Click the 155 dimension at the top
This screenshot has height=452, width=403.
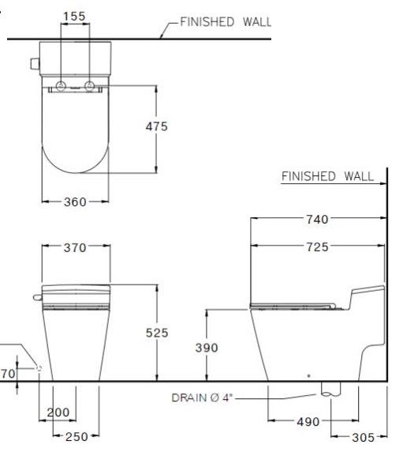(75, 15)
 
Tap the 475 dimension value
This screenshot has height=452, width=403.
(156, 126)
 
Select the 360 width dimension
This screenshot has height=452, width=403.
(75, 202)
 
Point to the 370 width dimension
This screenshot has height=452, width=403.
(75, 248)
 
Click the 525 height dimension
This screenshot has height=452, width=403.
(157, 333)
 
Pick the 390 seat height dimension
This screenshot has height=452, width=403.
(207, 348)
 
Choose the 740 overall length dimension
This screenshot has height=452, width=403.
(318, 219)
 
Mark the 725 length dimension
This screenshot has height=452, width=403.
(318, 247)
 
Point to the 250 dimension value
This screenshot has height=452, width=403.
(75, 436)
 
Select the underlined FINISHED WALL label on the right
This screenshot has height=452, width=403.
(327, 176)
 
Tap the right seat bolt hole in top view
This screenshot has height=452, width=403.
(90, 85)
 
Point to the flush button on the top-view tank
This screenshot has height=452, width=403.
(34, 62)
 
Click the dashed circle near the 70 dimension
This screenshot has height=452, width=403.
(38, 367)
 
